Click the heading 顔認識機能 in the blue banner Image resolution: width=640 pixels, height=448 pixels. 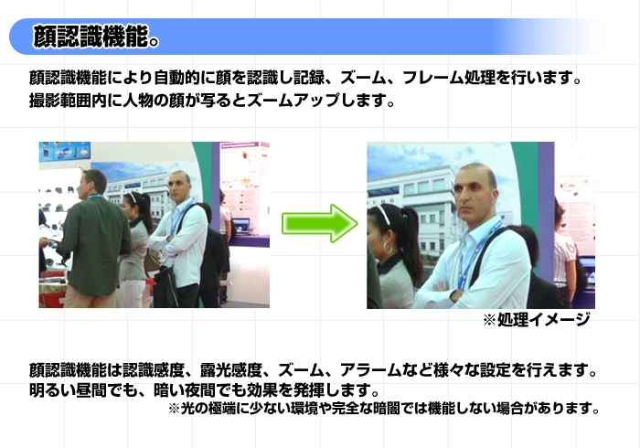pyautogui.click(x=91, y=37)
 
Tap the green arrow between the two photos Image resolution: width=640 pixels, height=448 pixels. pyautogui.click(x=320, y=224)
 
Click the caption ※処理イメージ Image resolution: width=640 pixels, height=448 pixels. pyautogui.click(x=537, y=319)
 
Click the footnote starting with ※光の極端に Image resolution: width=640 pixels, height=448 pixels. pyautogui.click(x=384, y=408)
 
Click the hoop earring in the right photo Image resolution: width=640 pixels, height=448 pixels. pyautogui.click(x=388, y=247)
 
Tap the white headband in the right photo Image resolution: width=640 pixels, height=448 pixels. pyautogui.click(x=384, y=215)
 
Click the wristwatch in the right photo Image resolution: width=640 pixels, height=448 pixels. pyautogui.click(x=455, y=295)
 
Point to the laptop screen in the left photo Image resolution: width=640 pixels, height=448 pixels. pyautogui.click(x=241, y=225)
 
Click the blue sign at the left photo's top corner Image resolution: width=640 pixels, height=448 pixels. pyautogui.click(x=65, y=152)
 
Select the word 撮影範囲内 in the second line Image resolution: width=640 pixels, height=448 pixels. pyautogui.click(x=69, y=100)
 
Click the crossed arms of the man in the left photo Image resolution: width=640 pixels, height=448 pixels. pyautogui.click(x=164, y=240)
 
